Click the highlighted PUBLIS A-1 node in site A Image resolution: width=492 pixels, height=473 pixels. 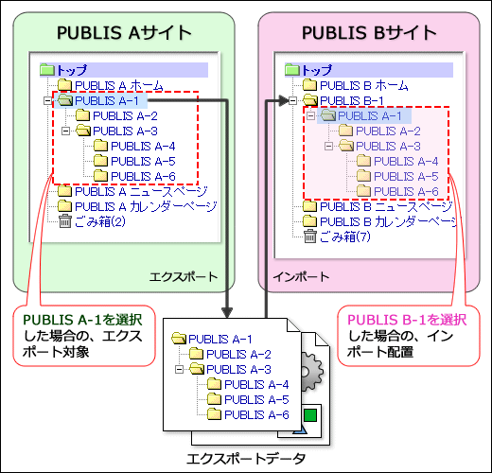(106, 99)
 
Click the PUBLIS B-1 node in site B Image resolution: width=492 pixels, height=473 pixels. (351, 99)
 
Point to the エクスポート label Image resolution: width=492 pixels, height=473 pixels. (183, 277)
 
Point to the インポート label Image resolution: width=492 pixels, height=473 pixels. (301, 277)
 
